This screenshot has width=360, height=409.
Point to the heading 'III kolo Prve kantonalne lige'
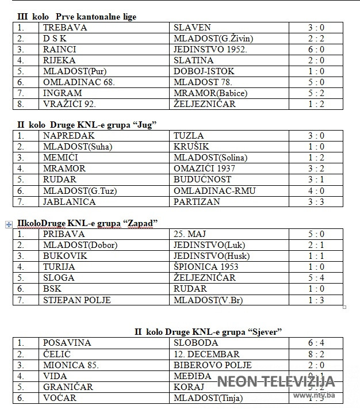pyautogui.click(x=77, y=17)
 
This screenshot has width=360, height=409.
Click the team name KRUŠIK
pyautogui.click(x=192, y=147)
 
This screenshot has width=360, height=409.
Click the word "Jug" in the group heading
pyautogui.click(x=147, y=124)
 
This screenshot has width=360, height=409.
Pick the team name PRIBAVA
pyautogui.click(x=64, y=234)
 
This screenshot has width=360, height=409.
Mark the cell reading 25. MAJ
pyautogui.click(x=190, y=234)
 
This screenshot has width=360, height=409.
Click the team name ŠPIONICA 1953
pyautogui.click(x=205, y=267)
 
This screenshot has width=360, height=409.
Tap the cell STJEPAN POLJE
pyautogui.click(x=77, y=300)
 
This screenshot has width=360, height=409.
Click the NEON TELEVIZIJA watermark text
pyautogui.click(x=275, y=381)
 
